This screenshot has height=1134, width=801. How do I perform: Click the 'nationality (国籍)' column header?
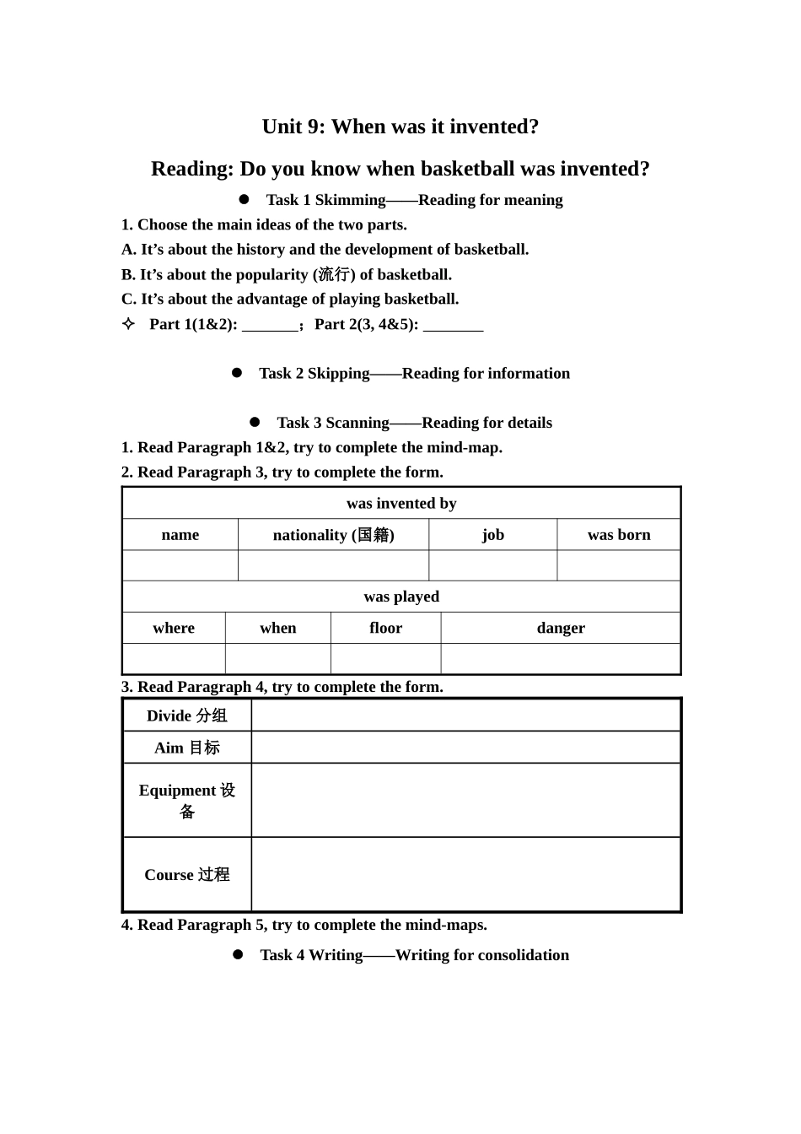pyautogui.click(x=333, y=535)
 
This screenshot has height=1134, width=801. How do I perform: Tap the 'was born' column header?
pyautogui.click(x=619, y=535)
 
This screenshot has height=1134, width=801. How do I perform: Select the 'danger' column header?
pyautogui.click(x=561, y=628)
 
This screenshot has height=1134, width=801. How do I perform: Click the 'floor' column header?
pyautogui.click(x=385, y=628)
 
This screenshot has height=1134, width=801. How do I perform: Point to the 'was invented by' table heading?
pyautogui.click(x=401, y=504)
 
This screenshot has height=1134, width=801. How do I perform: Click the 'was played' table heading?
pyautogui.click(x=401, y=597)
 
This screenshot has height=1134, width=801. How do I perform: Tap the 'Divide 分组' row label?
pyautogui.click(x=187, y=715)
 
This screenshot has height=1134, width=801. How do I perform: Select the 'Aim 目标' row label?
pyautogui.click(x=187, y=748)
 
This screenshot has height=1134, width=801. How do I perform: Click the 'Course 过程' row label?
pyautogui.click(x=187, y=875)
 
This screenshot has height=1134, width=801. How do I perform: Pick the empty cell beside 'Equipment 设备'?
pyautogui.click(x=465, y=800)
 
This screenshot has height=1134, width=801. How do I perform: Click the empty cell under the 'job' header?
pyautogui.click(x=492, y=566)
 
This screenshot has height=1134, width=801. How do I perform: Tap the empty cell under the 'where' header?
pyautogui.click(x=174, y=659)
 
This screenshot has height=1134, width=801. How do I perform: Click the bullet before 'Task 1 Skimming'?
pyautogui.click(x=245, y=199)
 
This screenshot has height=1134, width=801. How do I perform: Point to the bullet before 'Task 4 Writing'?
pyautogui.click(x=238, y=954)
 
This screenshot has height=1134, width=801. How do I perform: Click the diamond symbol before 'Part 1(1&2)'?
pyautogui.click(x=128, y=324)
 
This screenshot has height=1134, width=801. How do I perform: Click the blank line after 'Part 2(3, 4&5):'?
pyautogui.click(x=453, y=326)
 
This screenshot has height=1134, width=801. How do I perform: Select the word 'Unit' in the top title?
pyautogui.click(x=281, y=127)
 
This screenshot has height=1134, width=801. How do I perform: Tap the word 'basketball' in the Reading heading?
pyautogui.click(x=467, y=169)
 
